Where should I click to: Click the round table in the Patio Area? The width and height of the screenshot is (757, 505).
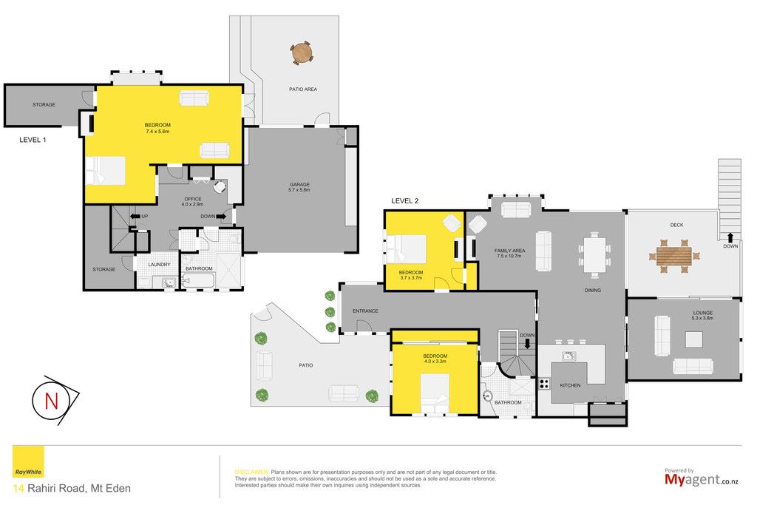[x=302, y=52]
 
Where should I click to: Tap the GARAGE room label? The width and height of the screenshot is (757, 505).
[x=299, y=184]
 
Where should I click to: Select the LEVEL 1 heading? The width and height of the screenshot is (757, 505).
[x=33, y=140]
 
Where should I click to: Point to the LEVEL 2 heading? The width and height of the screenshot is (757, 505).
[x=404, y=201]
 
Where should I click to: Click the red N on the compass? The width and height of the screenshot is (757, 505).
[x=51, y=401]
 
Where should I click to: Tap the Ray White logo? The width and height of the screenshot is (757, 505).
[x=28, y=461]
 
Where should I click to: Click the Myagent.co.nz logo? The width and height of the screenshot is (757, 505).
[x=702, y=478]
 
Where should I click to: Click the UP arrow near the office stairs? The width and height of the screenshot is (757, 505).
[x=135, y=217]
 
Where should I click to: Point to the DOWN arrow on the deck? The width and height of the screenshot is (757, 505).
[x=730, y=237]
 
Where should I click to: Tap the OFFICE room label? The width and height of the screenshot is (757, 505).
[x=193, y=199]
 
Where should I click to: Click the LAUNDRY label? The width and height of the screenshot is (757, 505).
[x=160, y=265]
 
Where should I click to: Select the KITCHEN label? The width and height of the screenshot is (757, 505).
[x=570, y=385]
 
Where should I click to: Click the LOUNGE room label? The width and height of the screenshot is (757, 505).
[x=702, y=313]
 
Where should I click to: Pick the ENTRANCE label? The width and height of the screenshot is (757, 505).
[x=365, y=311]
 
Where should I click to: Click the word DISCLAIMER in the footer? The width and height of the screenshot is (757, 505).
[x=251, y=472]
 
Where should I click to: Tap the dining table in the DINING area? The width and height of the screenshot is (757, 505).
[x=594, y=254]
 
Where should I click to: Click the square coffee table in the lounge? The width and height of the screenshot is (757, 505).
[x=693, y=339]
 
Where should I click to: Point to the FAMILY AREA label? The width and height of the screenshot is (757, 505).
[x=509, y=251]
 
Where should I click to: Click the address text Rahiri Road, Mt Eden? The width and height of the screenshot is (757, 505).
[x=79, y=488]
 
